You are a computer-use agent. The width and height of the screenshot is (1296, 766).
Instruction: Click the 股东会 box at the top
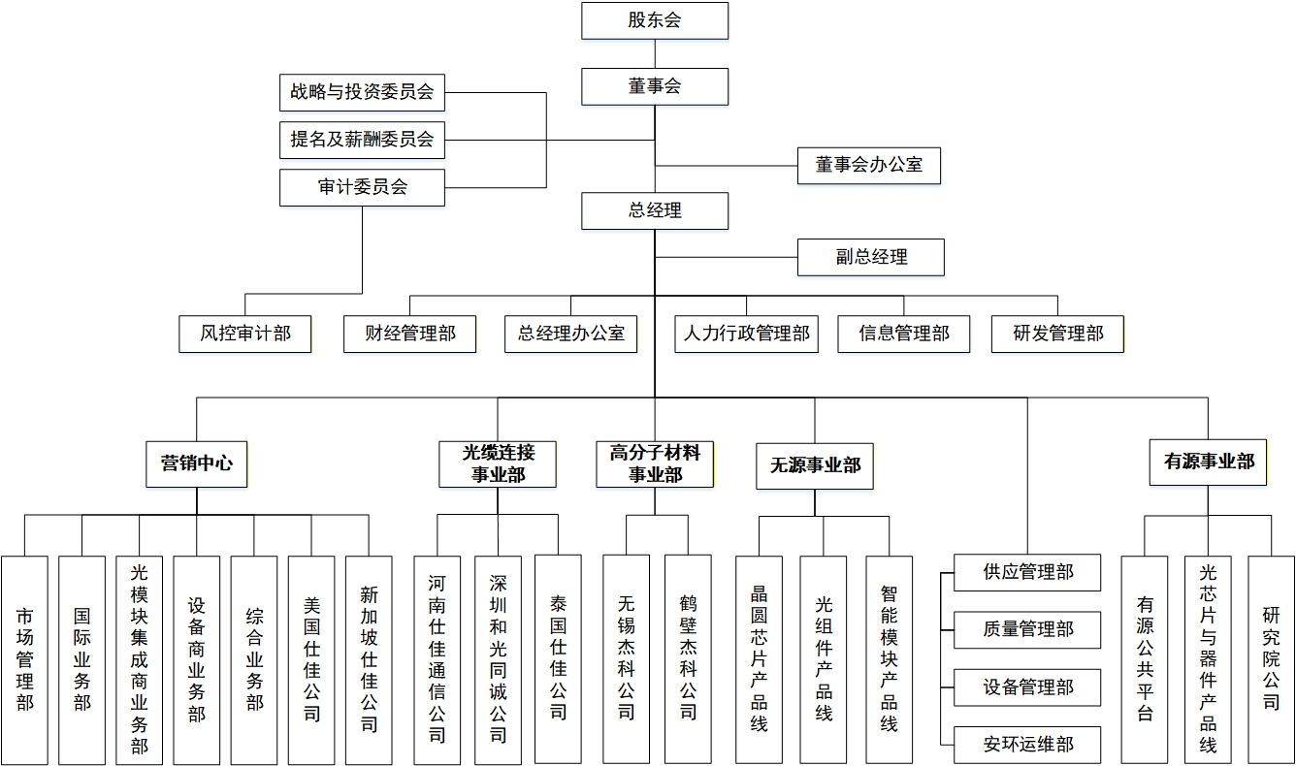(x=655, y=20)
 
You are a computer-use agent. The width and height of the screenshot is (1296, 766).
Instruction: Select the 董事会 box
(x=655, y=86)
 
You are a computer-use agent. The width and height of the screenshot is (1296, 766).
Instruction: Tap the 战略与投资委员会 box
(x=362, y=92)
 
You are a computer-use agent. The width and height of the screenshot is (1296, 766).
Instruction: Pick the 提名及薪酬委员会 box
(x=362, y=140)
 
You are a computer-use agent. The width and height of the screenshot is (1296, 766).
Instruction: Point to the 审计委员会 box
(x=362, y=187)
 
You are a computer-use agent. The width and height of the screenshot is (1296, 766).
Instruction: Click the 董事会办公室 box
(x=868, y=165)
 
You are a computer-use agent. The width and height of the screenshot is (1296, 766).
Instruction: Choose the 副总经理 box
(x=870, y=257)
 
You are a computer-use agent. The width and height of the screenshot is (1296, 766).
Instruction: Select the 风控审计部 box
(x=245, y=334)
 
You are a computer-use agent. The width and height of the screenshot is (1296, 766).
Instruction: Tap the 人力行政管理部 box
(x=746, y=334)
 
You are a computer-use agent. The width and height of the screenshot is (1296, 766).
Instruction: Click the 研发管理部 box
(x=1057, y=334)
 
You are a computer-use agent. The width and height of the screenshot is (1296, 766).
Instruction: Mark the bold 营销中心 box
(x=197, y=463)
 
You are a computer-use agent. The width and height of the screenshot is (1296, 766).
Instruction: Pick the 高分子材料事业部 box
(x=655, y=463)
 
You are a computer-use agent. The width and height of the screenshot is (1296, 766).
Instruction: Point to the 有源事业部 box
(x=1209, y=462)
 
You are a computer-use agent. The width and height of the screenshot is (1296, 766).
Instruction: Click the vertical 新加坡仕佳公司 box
(x=369, y=659)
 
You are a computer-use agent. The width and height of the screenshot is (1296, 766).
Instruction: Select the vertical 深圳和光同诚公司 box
(x=498, y=659)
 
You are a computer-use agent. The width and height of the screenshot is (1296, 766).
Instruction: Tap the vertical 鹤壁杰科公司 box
(x=688, y=659)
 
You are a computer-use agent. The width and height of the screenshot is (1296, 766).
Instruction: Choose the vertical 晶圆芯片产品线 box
(x=759, y=659)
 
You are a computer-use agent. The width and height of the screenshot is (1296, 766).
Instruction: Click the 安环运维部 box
(x=1027, y=745)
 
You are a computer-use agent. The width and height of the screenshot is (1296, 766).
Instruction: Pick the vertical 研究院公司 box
(x=1271, y=659)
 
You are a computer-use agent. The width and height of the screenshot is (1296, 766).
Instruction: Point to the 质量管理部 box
(x=1027, y=630)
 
